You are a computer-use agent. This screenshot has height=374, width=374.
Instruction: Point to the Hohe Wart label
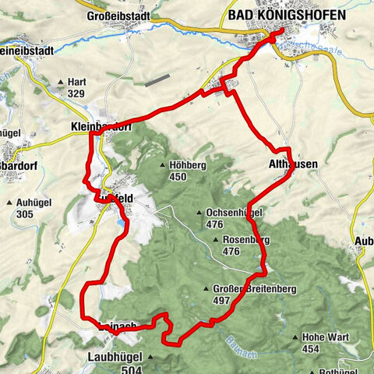(x=325, y=337)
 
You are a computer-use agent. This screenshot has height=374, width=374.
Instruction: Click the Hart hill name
(x=77, y=81)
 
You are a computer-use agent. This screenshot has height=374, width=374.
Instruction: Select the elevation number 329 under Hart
(x=76, y=93)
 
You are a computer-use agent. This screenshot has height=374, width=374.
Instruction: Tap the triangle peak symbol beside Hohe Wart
(x=295, y=337)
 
